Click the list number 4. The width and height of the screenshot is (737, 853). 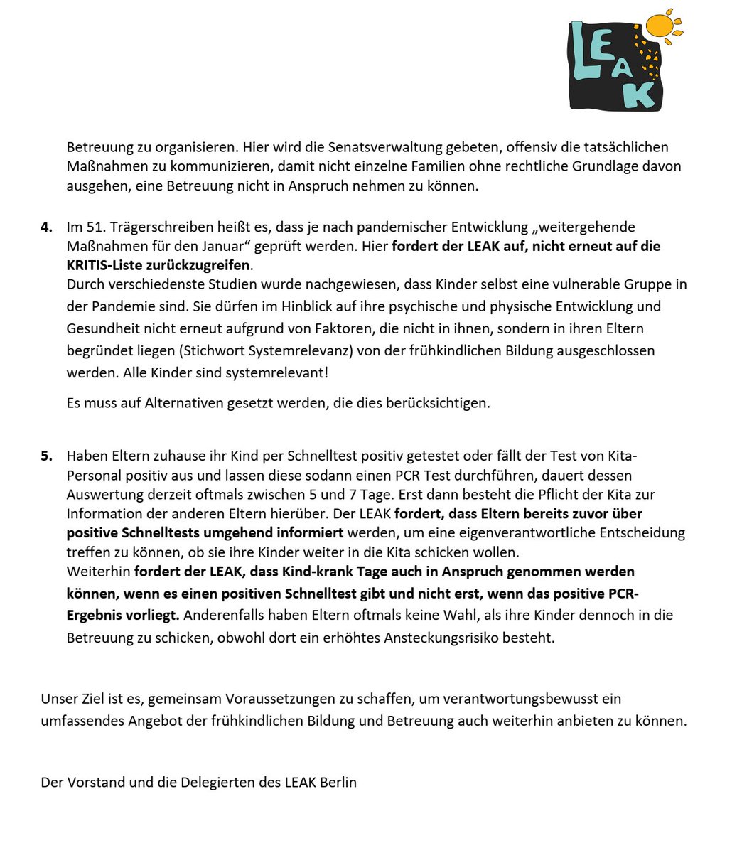coord(46,227)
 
